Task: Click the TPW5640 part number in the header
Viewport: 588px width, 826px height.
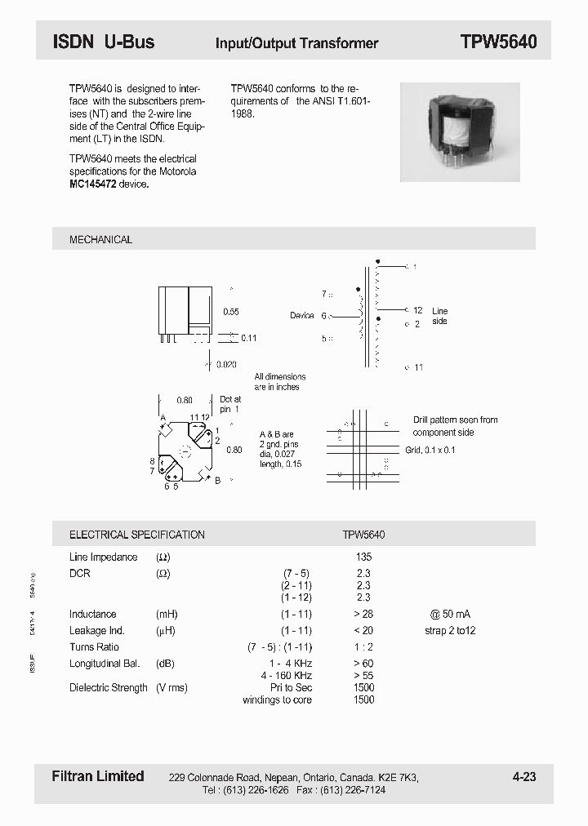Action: (498, 42)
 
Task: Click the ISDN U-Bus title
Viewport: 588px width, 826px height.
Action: (103, 42)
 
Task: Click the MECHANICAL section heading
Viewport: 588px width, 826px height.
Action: (100, 239)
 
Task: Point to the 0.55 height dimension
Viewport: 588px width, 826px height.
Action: (231, 312)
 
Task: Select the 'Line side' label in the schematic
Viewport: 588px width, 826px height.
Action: (439, 316)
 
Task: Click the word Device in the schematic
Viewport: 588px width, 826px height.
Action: (301, 316)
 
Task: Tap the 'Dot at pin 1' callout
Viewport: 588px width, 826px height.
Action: (230, 405)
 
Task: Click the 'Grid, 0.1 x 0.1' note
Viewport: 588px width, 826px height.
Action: (430, 451)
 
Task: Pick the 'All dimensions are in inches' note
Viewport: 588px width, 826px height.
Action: (279, 382)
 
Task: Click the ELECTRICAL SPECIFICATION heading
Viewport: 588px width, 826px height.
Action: (136, 535)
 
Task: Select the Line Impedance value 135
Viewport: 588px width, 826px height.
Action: (363, 557)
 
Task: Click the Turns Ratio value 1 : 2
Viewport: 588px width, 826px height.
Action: (363, 646)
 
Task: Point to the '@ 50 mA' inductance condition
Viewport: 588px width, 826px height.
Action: (450, 614)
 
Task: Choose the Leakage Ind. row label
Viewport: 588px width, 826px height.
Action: (98, 630)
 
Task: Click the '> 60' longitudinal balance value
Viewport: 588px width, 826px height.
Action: (363, 664)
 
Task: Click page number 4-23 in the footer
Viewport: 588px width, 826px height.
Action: (523, 777)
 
